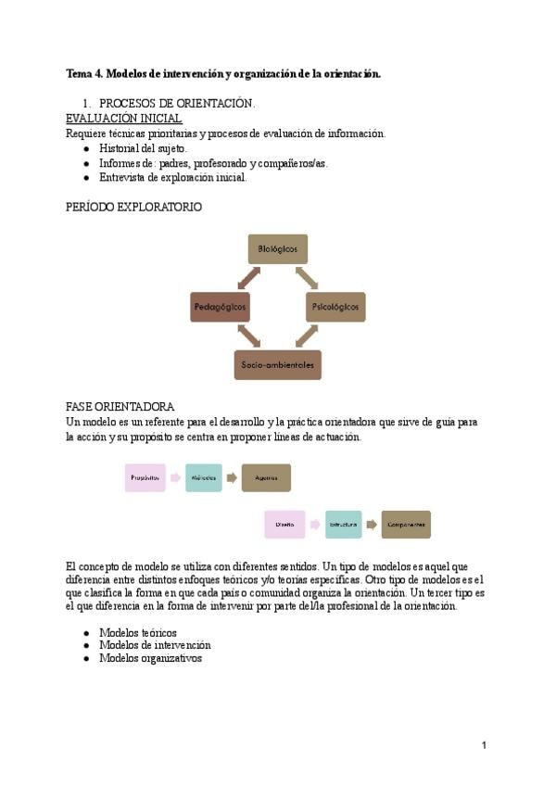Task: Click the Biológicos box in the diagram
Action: (x=277, y=249)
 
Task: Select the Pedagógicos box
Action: (x=221, y=307)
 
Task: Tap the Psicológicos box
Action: (x=335, y=307)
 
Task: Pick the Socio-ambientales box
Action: (x=277, y=364)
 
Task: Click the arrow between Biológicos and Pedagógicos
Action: (x=248, y=276)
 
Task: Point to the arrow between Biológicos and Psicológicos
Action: (x=307, y=276)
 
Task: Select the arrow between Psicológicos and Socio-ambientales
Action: (x=307, y=336)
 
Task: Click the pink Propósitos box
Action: (x=145, y=477)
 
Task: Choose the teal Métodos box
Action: (x=203, y=477)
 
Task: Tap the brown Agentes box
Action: (x=266, y=477)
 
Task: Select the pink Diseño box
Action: (x=284, y=525)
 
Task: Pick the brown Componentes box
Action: (x=406, y=525)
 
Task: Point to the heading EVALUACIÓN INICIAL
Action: (x=123, y=119)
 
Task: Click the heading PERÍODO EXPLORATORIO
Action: (x=133, y=208)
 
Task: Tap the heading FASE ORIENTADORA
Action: (x=120, y=407)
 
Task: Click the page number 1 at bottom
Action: (x=484, y=745)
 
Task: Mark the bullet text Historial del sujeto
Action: (x=144, y=148)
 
